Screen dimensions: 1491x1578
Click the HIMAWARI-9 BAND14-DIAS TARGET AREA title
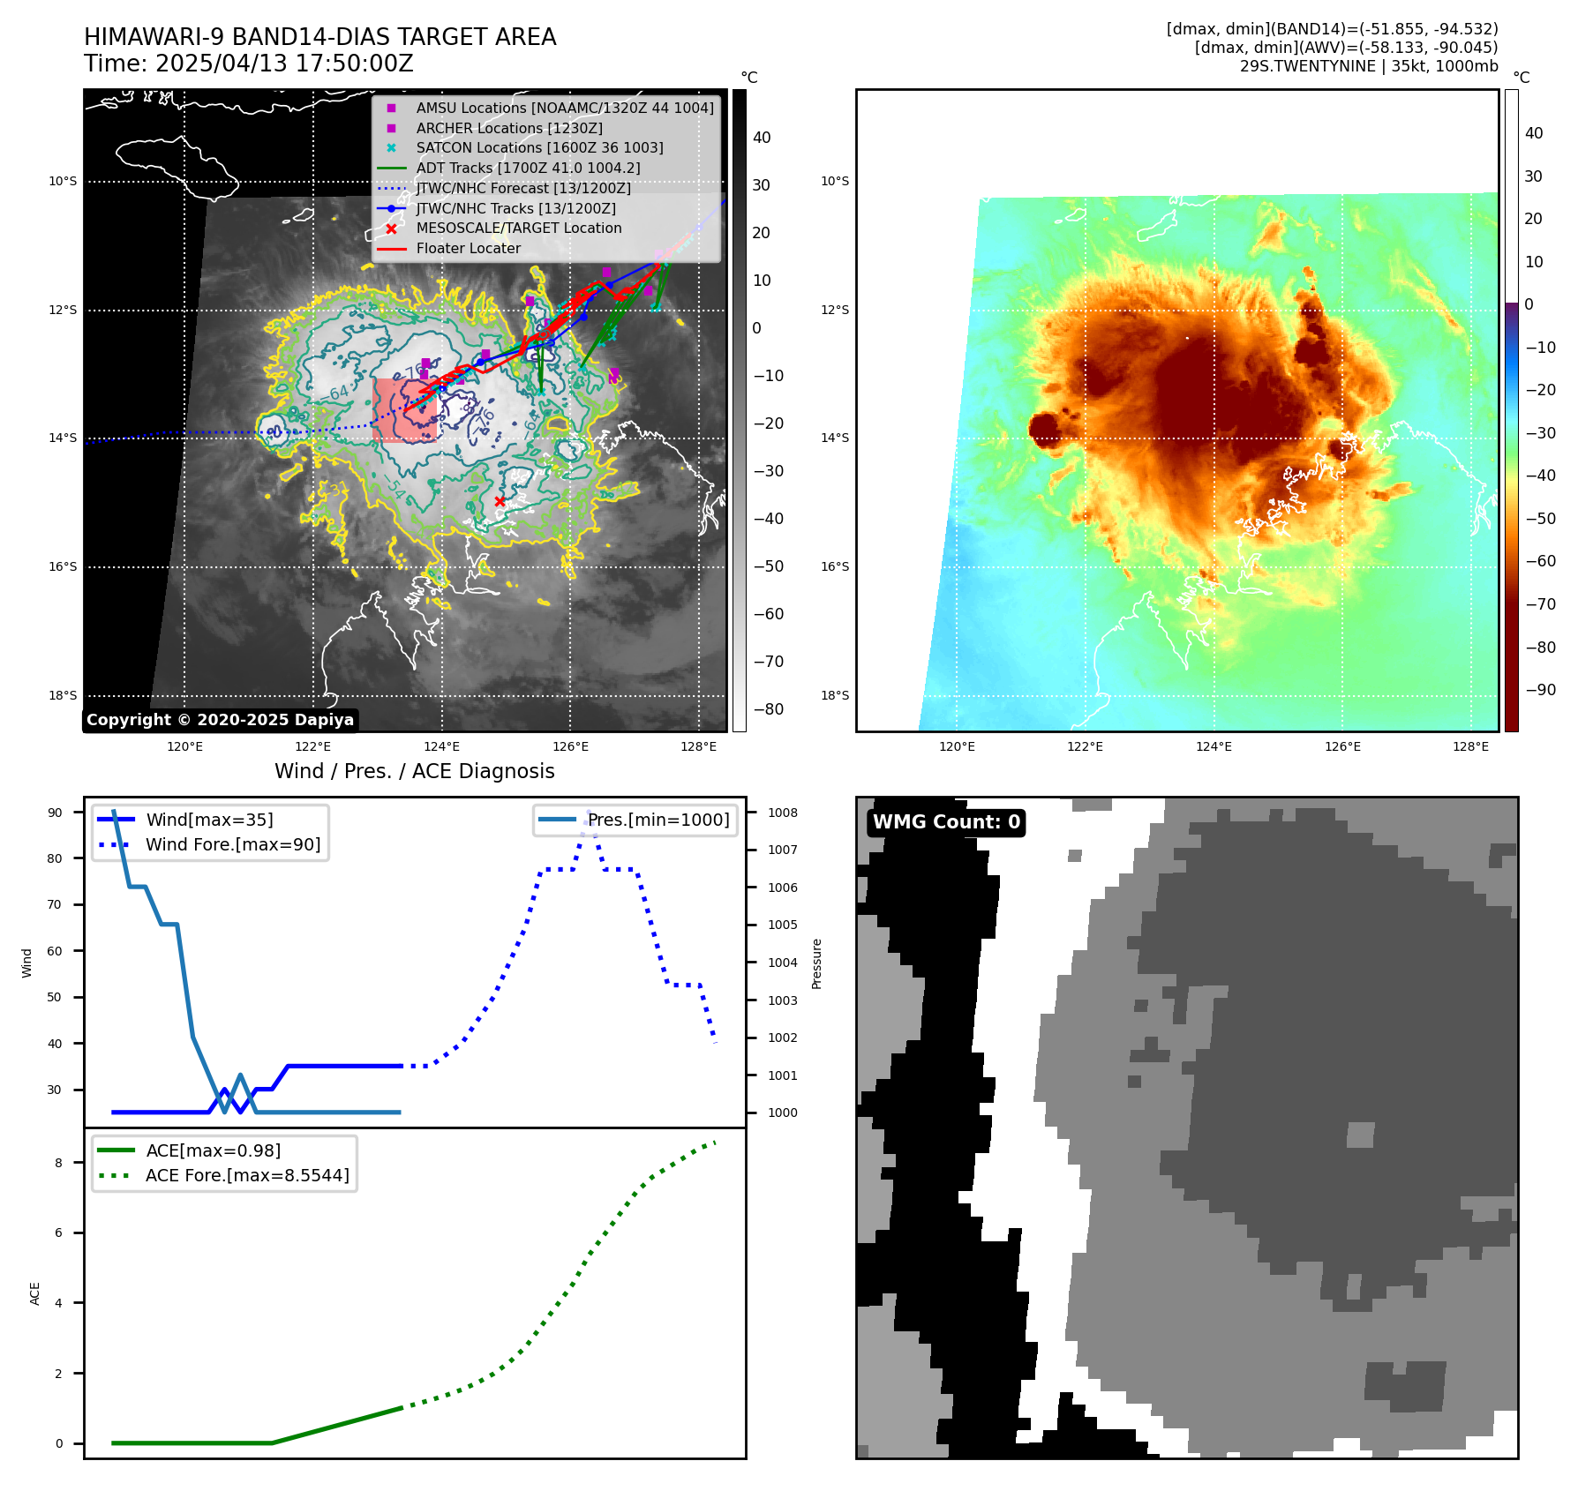click(319, 37)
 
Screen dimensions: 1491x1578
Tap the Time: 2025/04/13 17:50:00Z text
click(248, 64)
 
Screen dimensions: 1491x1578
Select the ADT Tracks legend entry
click(528, 168)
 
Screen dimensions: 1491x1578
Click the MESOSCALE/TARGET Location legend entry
click(518, 228)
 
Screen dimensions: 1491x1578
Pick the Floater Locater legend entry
click(468, 248)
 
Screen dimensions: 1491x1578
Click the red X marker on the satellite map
click(500, 501)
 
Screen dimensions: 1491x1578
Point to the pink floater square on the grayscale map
click(404, 410)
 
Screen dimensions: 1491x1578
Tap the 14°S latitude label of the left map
click(63, 438)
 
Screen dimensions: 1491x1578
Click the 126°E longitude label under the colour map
click(1341, 746)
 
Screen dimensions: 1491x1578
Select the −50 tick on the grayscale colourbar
click(768, 566)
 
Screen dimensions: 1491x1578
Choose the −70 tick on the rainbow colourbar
click(1540, 604)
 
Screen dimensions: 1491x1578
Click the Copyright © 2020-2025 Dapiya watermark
click(220, 720)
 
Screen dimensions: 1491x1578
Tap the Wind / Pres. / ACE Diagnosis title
click(414, 771)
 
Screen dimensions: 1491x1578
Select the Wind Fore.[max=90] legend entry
click(233, 844)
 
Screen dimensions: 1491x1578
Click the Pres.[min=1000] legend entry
click(658, 820)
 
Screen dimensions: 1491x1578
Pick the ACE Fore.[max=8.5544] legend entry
click(247, 1175)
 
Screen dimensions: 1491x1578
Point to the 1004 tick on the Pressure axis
click(782, 963)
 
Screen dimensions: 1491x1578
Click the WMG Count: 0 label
click(946, 822)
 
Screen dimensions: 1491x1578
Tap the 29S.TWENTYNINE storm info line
click(1368, 66)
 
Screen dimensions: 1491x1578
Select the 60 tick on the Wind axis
click(55, 951)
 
